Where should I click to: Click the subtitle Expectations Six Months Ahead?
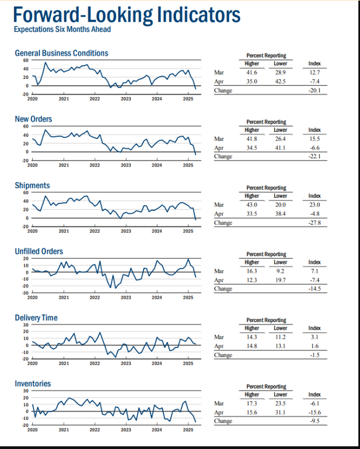pyautogui.click(x=62, y=29)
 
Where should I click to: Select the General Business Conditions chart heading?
pyautogui.click(x=62, y=53)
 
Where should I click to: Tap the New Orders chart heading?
pyautogui.click(x=33, y=119)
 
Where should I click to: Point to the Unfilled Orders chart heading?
pyautogui.click(x=39, y=251)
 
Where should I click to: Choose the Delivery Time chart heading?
pyautogui.click(x=36, y=318)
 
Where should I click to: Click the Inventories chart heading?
pyautogui.click(x=33, y=384)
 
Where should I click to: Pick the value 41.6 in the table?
pyautogui.click(x=252, y=72)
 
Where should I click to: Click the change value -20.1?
pyautogui.click(x=314, y=90)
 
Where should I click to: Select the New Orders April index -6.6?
pyautogui.click(x=314, y=148)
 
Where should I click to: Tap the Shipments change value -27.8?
pyautogui.click(x=314, y=223)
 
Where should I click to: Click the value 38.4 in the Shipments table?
pyautogui.click(x=280, y=214)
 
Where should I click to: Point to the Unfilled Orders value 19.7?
pyautogui.click(x=280, y=280)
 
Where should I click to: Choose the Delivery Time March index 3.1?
pyautogui.click(x=315, y=337)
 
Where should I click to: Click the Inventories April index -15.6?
pyautogui.click(x=314, y=412)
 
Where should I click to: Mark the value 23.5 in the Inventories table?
pyautogui.click(x=280, y=404)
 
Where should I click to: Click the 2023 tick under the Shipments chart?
pyautogui.click(x=126, y=231)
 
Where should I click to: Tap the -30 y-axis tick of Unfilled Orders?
pyautogui.click(x=25, y=293)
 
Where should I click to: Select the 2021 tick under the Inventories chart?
pyautogui.click(x=64, y=430)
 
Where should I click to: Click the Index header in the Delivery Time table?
pyautogui.click(x=315, y=328)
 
